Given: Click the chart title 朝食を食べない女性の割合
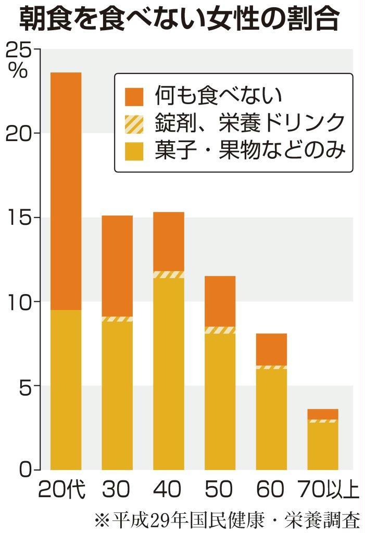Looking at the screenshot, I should (x=180, y=20).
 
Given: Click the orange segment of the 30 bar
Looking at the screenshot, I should (x=117, y=265).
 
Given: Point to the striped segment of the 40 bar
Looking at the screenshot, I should (x=168, y=274).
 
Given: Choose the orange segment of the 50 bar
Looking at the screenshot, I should (x=220, y=301).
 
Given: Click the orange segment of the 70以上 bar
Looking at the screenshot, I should (x=322, y=414).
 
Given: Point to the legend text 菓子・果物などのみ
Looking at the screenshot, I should (x=250, y=151).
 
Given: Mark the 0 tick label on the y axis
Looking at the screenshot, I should (x=23, y=470).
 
